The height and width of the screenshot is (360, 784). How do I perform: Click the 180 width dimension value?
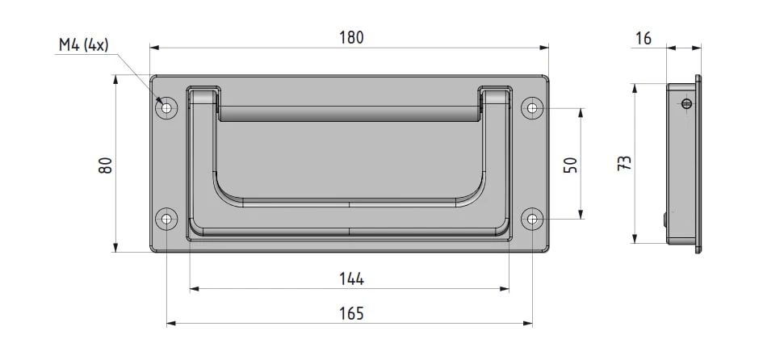[x=351, y=37]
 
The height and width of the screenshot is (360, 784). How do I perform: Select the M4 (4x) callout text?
[x=83, y=45]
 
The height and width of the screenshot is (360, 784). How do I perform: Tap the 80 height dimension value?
[x=106, y=165]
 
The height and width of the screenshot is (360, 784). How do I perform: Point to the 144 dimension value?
[x=351, y=279]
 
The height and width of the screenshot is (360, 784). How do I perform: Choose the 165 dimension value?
[x=351, y=313]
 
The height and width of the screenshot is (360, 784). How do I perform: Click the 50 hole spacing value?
[x=571, y=165]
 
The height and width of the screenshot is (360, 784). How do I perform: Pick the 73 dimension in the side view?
[x=624, y=164]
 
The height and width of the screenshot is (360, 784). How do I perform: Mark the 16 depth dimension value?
[x=644, y=39]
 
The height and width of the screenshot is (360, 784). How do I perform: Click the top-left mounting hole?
[x=166, y=108]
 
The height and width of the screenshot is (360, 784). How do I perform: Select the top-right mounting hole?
[x=532, y=108]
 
